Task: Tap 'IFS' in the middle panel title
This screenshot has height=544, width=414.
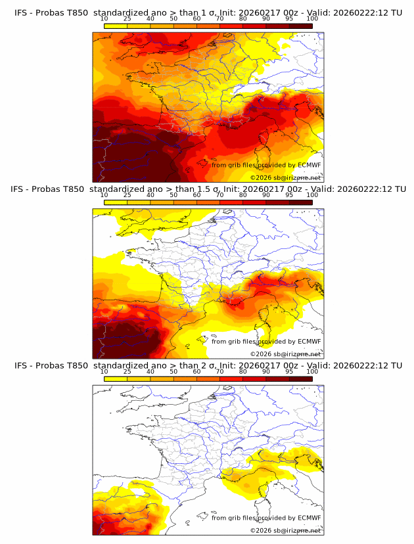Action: click(21, 189)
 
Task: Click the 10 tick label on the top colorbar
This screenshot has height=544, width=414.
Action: click(104, 18)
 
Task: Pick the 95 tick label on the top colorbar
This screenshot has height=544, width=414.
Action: click(289, 18)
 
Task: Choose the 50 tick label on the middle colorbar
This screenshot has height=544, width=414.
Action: click(173, 195)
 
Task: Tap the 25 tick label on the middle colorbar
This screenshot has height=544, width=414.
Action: click(127, 195)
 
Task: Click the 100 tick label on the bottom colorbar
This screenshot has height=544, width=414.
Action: click(312, 371)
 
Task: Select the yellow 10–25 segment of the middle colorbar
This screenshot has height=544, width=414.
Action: click(116, 202)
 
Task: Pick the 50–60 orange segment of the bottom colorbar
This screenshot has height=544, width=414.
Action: click(185, 378)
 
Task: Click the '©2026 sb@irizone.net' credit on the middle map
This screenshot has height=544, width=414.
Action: click(285, 354)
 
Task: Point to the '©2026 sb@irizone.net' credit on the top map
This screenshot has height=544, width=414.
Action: click(285, 178)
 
